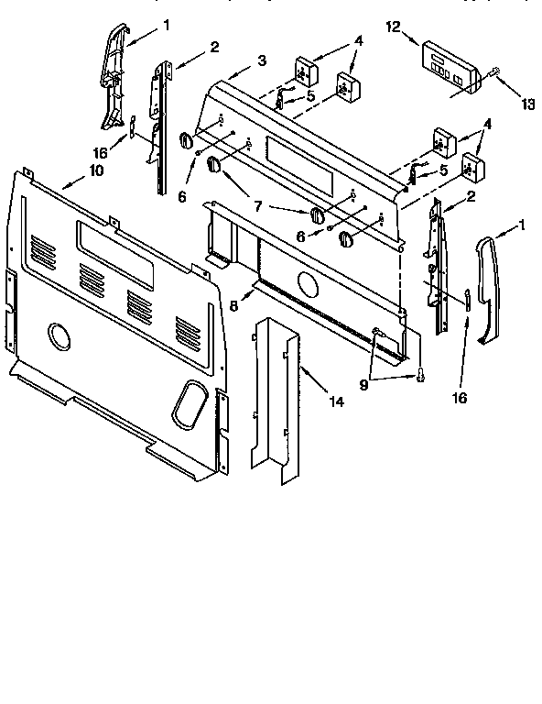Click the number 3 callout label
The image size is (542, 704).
coord(263,60)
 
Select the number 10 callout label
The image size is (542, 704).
coord(95,170)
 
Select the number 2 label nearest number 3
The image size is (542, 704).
coord(214,47)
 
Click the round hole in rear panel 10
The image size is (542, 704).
coord(59,336)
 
